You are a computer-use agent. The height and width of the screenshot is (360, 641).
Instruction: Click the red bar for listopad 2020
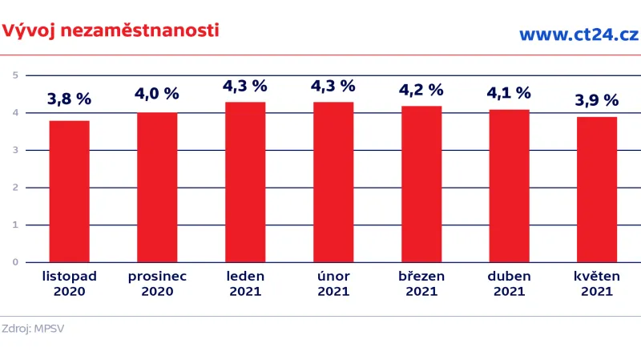tap(69, 191)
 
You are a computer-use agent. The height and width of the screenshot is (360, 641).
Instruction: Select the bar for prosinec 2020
tap(157, 187)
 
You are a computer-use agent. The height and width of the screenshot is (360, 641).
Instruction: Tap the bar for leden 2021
tap(245, 181)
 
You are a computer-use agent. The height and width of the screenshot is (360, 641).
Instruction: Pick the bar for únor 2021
tap(333, 181)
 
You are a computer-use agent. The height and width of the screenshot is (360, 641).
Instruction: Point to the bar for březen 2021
tap(421, 184)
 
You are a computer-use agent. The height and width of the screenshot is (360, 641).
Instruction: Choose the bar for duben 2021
tap(509, 185)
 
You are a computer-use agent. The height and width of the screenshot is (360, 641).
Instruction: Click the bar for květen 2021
tap(597, 189)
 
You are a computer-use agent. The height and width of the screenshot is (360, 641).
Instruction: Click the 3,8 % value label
tap(69, 100)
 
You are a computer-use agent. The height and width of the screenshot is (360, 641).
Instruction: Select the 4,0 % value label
tap(157, 94)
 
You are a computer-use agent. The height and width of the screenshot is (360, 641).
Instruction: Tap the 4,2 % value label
tap(421, 89)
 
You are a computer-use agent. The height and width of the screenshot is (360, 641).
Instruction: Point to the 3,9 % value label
tap(597, 100)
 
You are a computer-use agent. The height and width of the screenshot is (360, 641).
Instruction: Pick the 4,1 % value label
tap(509, 93)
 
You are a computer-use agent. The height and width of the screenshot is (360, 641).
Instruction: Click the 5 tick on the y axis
tap(15, 75)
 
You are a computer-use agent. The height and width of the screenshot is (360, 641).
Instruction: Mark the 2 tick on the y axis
tap(15, 188)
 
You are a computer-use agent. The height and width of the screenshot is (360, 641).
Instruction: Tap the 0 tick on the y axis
tap(15, 262)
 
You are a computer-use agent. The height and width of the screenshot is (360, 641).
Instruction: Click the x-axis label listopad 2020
tap(69, 283)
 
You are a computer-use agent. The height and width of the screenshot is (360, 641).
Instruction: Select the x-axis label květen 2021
tap(597, 283)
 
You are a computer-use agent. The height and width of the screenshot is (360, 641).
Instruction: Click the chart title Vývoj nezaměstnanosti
tap(110, 30)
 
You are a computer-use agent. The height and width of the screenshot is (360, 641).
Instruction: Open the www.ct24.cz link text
tap(578, 34)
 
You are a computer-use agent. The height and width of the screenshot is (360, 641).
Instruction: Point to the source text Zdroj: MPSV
tap(33, 328)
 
